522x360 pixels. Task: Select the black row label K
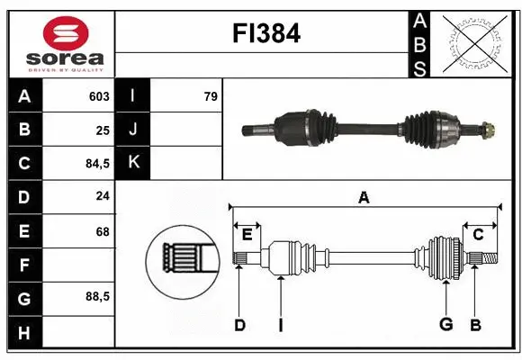(133, 163)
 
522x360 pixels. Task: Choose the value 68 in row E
(103, 231)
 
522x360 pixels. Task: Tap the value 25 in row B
(103, 130)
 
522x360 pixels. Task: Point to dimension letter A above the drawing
(364, 198)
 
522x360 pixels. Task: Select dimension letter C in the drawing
(479, 235)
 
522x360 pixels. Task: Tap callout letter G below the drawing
(445, 324)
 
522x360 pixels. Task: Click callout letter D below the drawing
(239, 324)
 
